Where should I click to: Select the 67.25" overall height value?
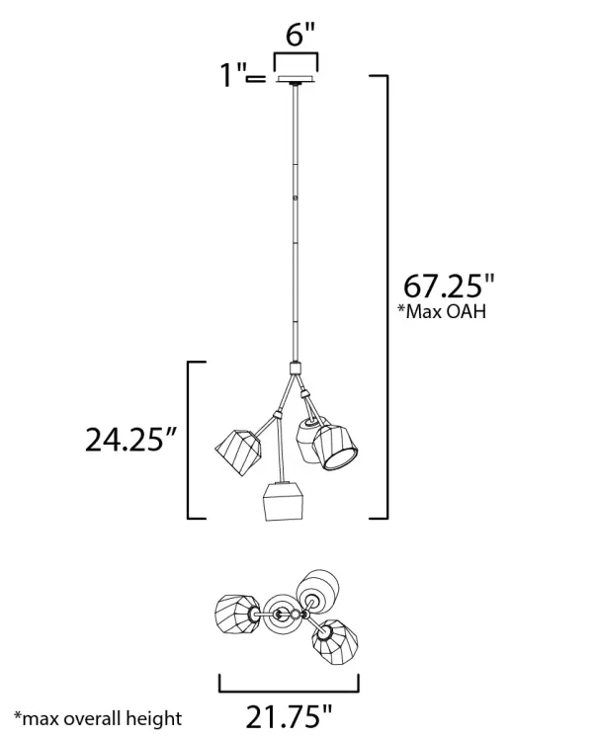click(x=448, y=287)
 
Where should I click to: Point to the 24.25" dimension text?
click(x=129, y=440)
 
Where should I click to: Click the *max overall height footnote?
click(x=98, y=717)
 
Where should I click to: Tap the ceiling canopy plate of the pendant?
click(x=296, y=80)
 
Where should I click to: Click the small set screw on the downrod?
click(x=296, y=201)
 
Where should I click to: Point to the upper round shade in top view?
click(x=321, y=588)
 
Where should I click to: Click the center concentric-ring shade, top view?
click(x=282, y=614)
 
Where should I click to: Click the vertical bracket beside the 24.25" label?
click(x=190, y=440)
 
